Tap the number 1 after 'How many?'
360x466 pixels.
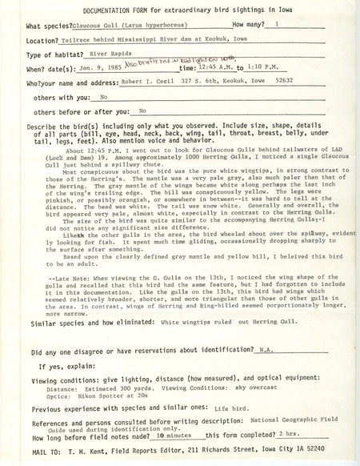click(x=275, y=26)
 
